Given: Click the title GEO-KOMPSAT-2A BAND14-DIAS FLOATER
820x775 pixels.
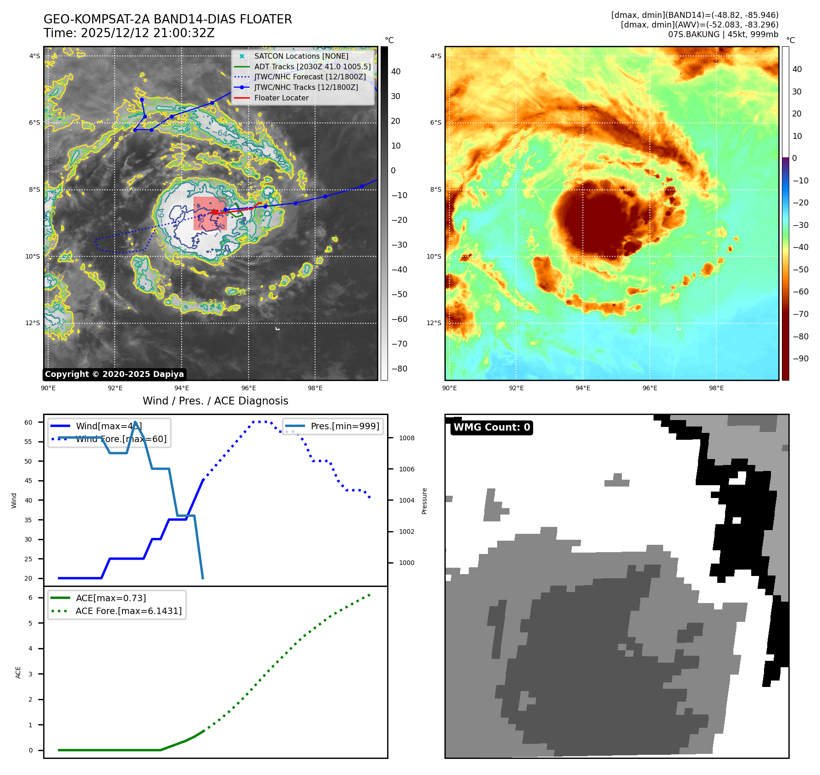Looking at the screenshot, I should coord(167,19).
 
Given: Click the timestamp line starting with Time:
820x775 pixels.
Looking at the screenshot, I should coord(129,33).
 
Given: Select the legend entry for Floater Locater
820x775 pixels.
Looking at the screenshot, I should coord(281,98).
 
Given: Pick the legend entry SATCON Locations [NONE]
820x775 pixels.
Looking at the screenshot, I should coord(301,56).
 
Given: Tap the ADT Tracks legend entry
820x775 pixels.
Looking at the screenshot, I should coord(312,66).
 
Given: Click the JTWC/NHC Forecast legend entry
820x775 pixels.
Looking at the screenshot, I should coord(310,77).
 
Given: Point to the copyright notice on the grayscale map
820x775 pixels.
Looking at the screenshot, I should coord(114,374).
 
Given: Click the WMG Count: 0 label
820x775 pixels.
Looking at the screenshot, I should coord(492,427).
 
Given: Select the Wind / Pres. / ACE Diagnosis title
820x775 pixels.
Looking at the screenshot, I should coord(216,401).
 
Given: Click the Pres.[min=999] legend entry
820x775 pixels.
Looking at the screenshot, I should coord(345,426).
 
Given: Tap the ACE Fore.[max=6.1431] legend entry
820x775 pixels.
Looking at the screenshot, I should coord(128,611).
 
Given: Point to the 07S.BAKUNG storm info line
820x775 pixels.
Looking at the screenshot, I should coord(723,34).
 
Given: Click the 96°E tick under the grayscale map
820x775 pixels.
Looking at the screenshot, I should coord(249,388).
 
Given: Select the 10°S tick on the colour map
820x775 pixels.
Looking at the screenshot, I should coord(434,256).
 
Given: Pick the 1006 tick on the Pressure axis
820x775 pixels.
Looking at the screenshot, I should coord(406,469).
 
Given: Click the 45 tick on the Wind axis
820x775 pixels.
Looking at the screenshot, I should coord(28,481).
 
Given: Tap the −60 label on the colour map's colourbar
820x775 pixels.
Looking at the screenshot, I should coord(800,292).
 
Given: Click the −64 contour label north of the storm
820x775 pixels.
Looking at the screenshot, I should coord(222,133).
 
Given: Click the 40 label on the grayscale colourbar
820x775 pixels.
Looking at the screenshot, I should coord(396,72).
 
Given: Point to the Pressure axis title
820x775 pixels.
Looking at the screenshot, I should coord(424,501).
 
